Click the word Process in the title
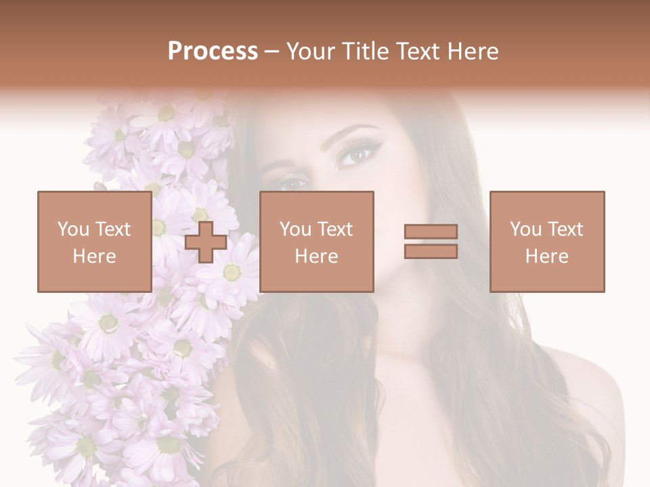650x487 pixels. coord(213,51)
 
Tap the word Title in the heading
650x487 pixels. coord(364,51)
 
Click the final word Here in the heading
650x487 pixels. coord(475,51)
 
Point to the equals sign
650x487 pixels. coord(431,241)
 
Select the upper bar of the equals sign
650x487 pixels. coord(431,232)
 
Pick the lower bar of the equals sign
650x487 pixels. coord(431,251)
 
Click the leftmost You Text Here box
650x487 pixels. coord(94,241)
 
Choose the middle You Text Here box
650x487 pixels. coord(316,241)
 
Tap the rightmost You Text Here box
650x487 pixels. coord(546,241)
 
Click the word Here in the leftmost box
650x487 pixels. coord(94,256)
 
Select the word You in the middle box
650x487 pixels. coord(295,229)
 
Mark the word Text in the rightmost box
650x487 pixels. coord(563,229)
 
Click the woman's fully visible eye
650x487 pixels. coord(355,156)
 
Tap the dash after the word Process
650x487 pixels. coord(272,51)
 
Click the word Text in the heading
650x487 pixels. coord(416,51)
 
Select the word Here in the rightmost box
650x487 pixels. coord(546,256)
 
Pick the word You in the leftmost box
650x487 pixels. coord(73,229)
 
